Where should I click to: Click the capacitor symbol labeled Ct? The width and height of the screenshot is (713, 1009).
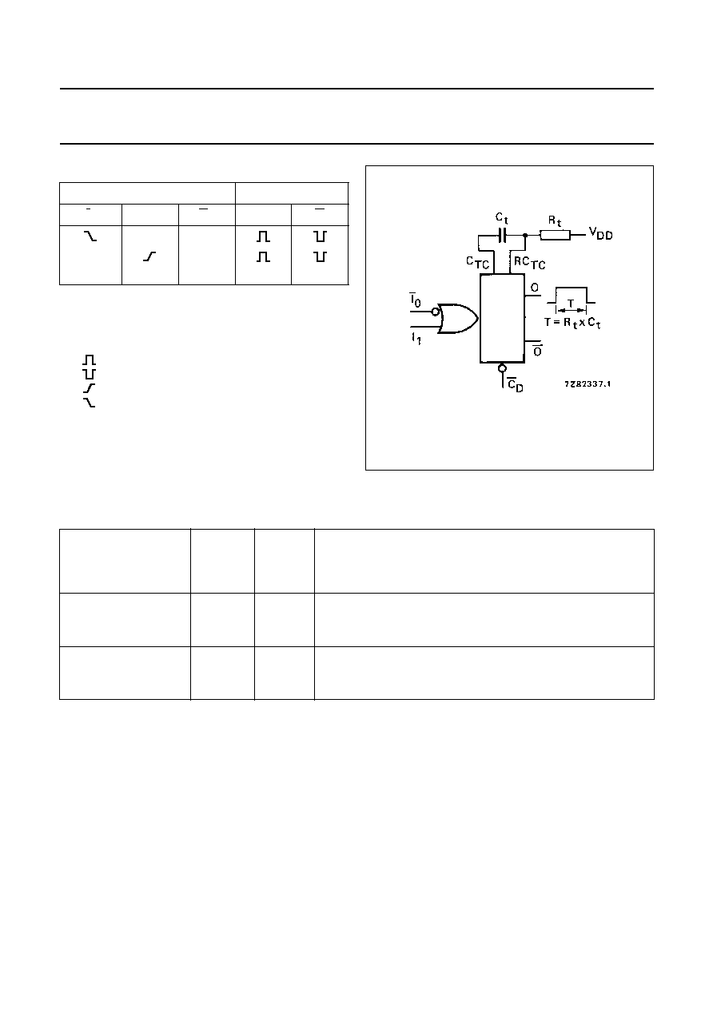pos(502,235)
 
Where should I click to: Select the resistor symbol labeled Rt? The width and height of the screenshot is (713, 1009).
pos(555,235)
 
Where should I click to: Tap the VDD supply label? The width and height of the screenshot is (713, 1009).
pos(600,233)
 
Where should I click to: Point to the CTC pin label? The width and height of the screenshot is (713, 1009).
pos(477,262)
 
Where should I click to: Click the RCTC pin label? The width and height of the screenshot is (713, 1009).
pos(530,263)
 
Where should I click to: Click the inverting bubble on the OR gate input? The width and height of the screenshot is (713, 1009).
pos(436,312)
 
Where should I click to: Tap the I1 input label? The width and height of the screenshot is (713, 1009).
pos(416,337)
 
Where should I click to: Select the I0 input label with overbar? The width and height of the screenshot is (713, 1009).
pos(415,300)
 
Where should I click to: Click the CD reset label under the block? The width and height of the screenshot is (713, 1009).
pos(515,385)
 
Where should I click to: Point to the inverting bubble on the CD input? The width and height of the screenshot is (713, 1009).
pos(502,368)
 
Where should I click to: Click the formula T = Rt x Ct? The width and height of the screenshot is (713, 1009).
pos(572,323)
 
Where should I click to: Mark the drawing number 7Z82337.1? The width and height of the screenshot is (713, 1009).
pos(588,383)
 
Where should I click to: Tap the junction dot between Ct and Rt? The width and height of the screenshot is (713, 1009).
pos(525,235)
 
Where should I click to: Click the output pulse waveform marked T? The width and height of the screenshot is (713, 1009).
pos(571,295)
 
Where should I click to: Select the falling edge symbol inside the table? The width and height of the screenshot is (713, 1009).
pos(90,236)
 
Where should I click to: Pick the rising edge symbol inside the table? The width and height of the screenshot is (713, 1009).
pos(149,256)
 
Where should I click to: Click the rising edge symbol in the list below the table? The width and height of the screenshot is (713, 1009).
pos(90,388)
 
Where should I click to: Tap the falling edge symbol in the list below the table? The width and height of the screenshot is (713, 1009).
pos(90,403)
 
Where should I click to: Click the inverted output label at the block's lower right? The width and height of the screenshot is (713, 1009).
pos(537,351)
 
